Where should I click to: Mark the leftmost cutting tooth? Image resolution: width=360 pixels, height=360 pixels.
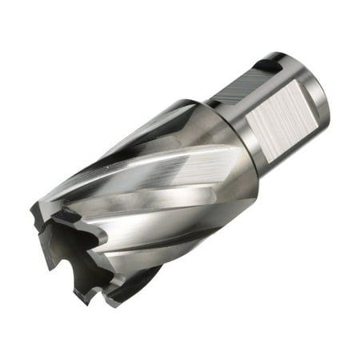pos(35,213)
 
